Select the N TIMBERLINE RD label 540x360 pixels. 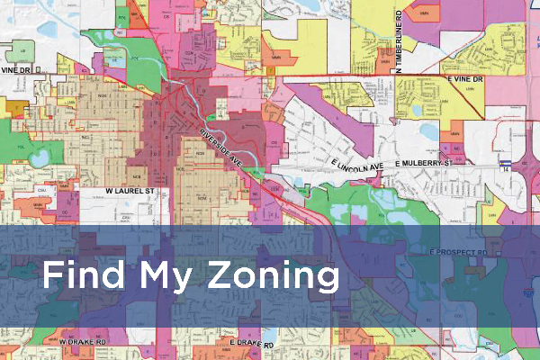[x=397, y=36]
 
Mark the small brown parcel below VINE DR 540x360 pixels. [x=14, y=105]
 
